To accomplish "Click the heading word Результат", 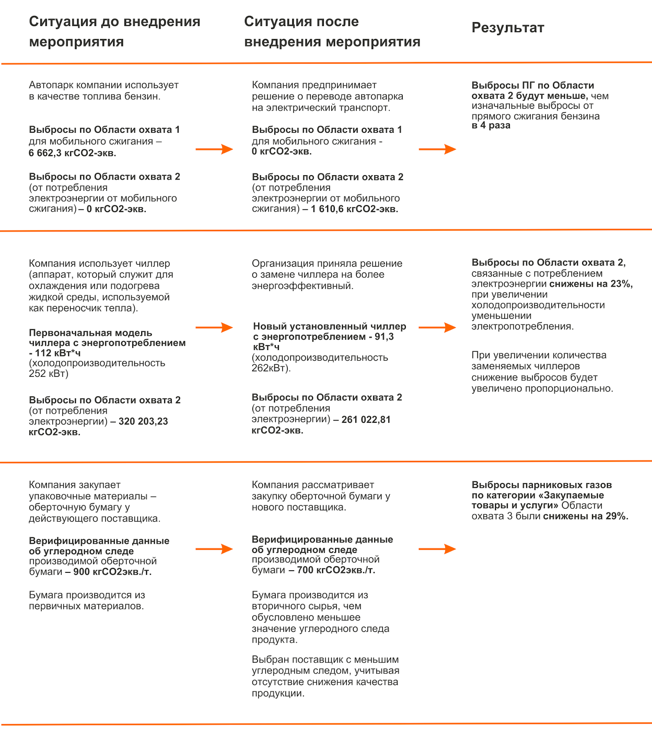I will pos(508,28).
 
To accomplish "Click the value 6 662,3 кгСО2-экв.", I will pos(72,153).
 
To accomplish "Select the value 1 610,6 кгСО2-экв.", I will pos(354,209).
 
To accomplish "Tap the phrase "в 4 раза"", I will pos(491,125).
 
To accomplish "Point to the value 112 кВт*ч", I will pos(58,353).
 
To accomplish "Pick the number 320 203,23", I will pos(143,421).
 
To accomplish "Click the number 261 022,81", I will pos(366,420).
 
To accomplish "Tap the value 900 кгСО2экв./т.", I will pos(112,572).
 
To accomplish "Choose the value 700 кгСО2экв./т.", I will pos(336,570).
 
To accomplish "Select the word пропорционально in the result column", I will pos(569,389).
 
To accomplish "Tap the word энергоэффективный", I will pos(302,286).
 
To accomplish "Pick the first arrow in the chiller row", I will pos(214,327).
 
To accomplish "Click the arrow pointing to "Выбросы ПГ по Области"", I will pos(437,149).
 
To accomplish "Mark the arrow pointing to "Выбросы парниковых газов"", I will pos(437,549).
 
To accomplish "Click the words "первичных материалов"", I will pos(86,606).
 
